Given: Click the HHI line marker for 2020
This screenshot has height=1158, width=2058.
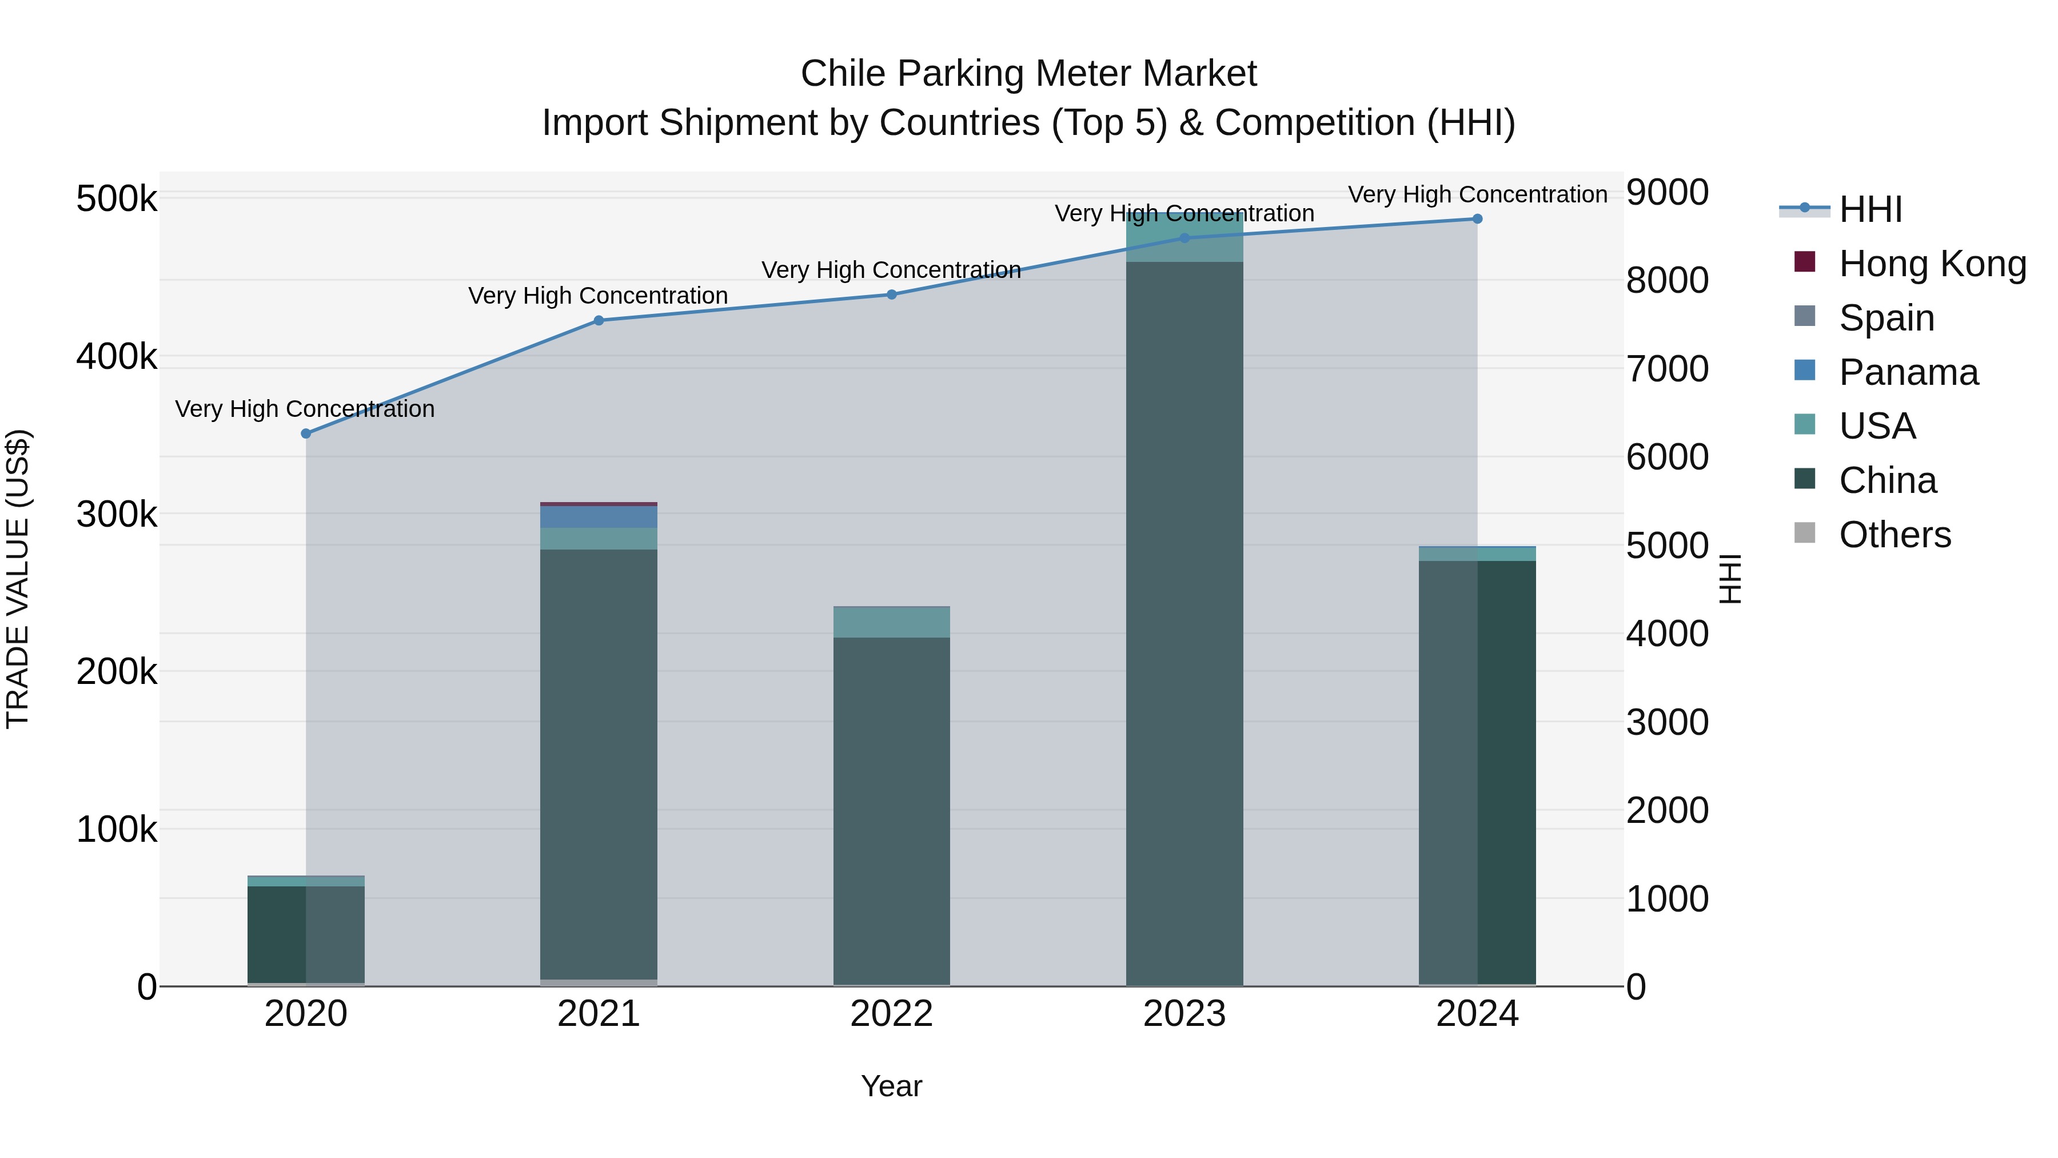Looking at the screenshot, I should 306,433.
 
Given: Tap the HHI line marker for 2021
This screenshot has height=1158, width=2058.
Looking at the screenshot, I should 599,320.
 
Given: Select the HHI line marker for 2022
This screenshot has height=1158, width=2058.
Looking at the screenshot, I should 892,294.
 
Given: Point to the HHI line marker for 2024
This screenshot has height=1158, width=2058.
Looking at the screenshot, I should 1477,219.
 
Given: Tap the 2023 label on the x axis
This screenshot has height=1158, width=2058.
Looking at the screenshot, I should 1184,1013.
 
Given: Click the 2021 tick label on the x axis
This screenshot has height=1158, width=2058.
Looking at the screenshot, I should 599,1013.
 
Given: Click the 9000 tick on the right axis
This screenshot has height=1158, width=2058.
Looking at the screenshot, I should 1668,193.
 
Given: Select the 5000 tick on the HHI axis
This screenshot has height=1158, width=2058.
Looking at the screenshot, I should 1668,546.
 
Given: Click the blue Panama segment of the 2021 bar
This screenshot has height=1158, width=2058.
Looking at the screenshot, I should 599,516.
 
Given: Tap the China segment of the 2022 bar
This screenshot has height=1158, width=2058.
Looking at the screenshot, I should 892,807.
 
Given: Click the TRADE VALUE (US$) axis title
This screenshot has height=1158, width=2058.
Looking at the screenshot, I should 18,579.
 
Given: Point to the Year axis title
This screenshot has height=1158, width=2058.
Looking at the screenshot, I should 892,1086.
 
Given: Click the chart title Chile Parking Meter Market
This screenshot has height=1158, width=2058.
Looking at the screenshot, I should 1028,74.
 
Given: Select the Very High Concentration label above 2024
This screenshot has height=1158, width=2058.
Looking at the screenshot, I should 1477,194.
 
